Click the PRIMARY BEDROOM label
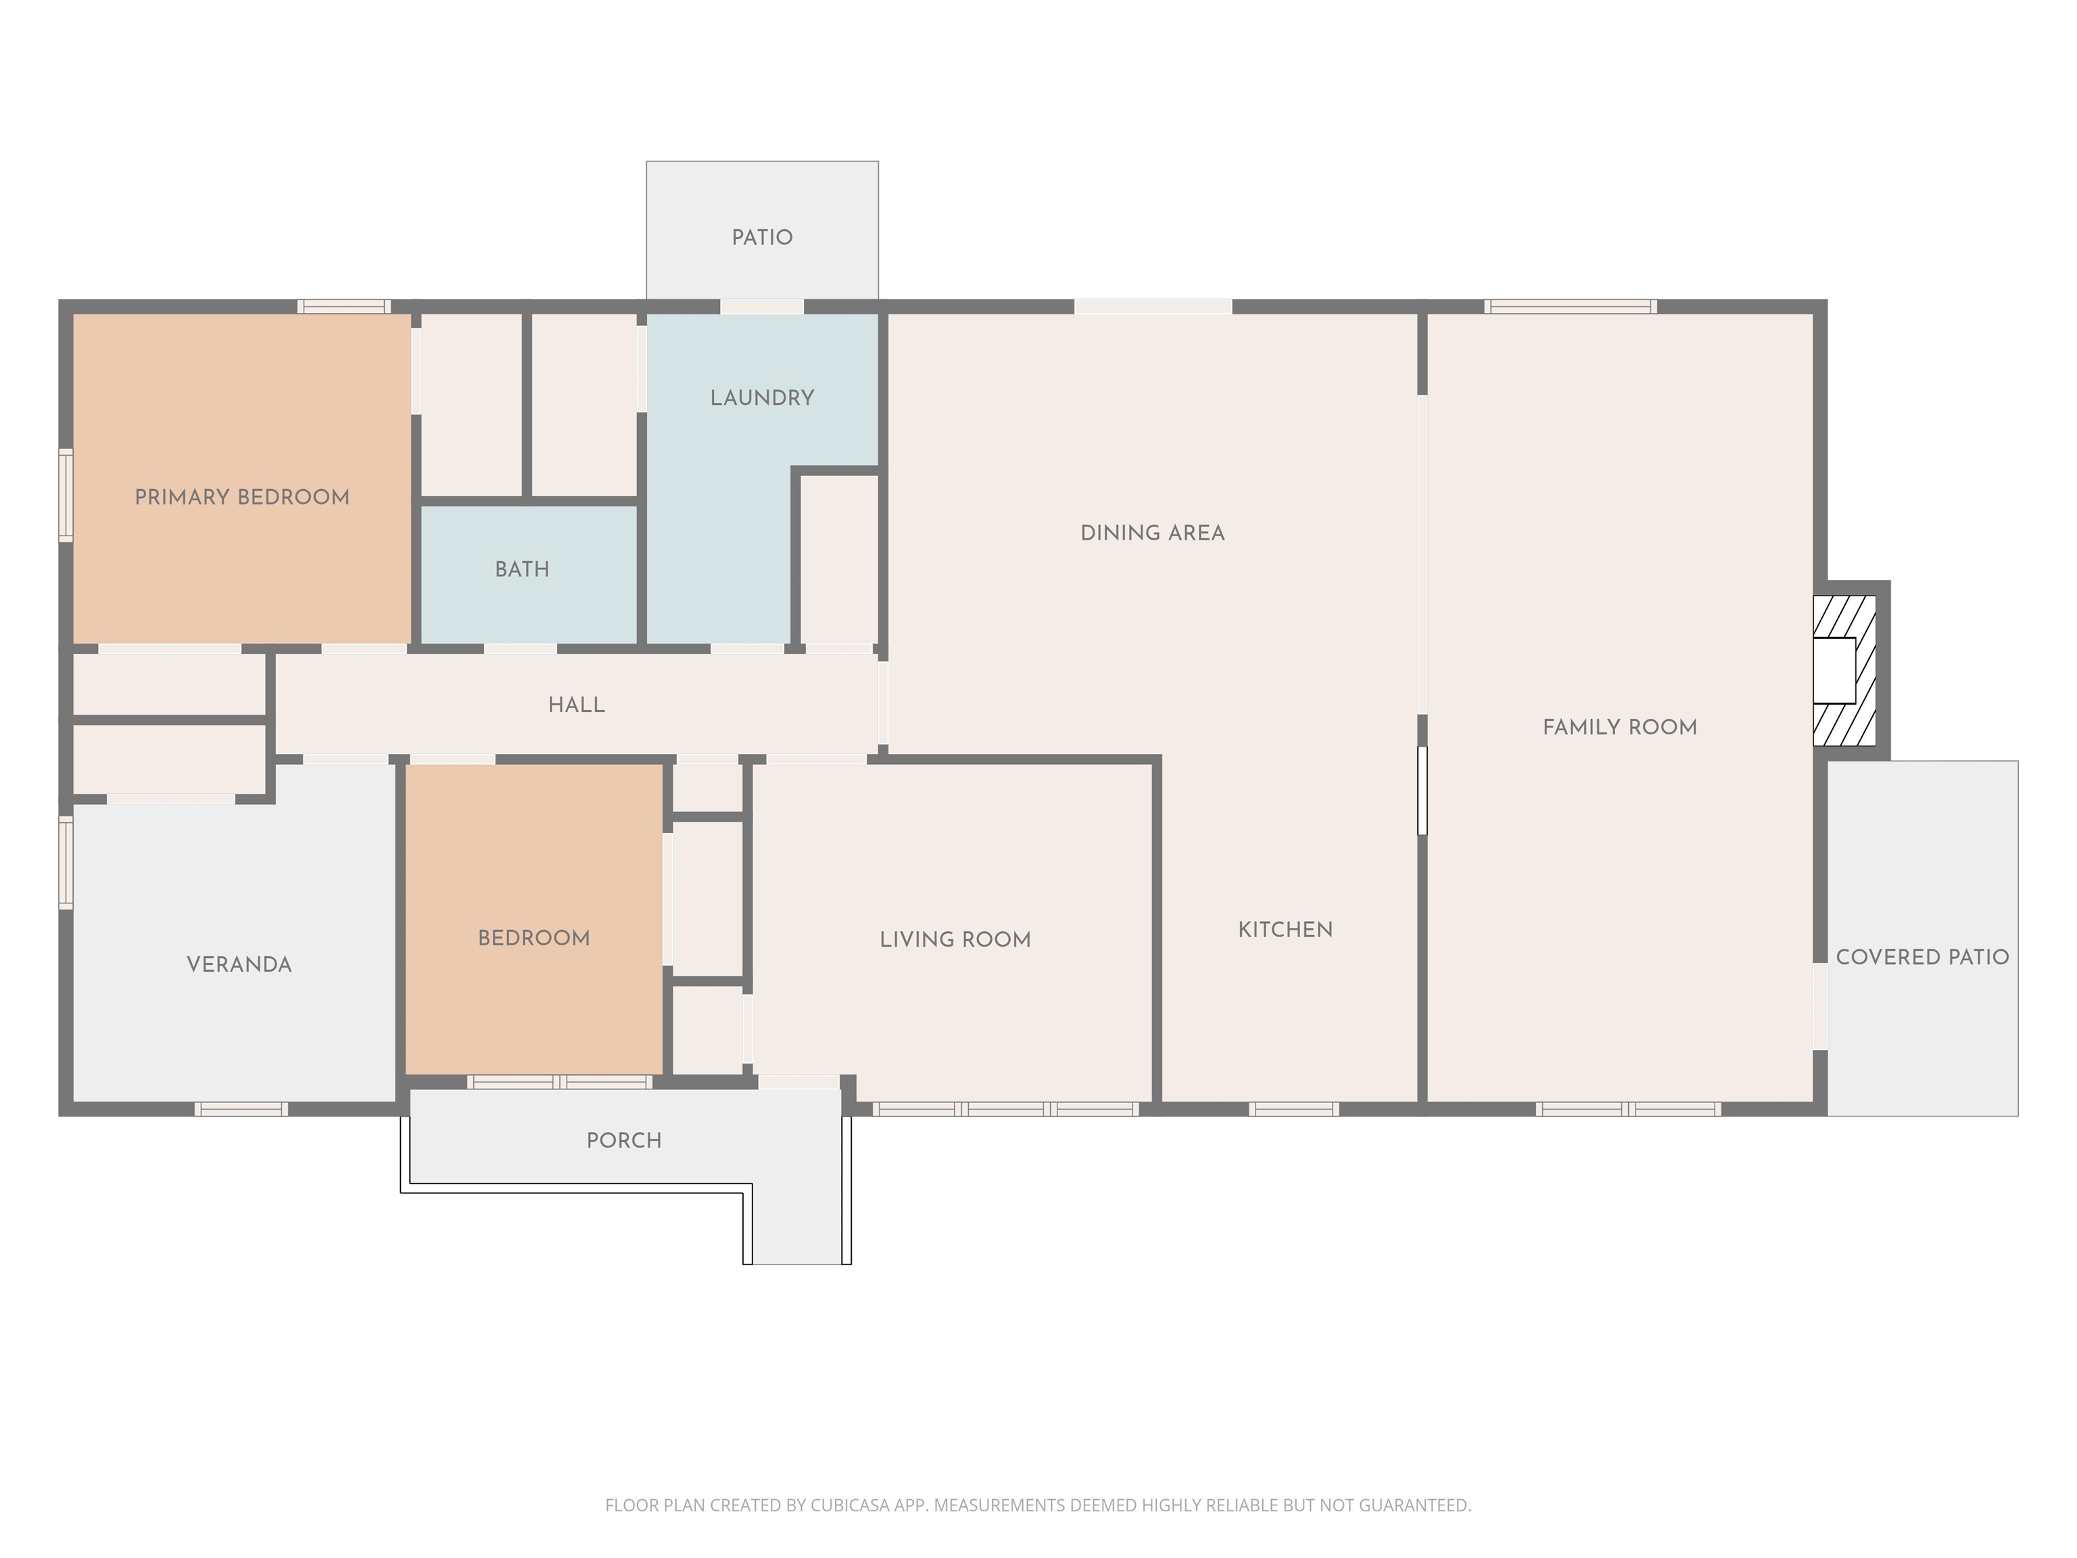click(242, 497)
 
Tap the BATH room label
click(522, 569)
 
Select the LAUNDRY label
click(761, 398)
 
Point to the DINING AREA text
click(1152, 534)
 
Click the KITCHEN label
click(1285, 930)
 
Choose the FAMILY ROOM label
click(1620, 727)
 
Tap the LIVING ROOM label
click(955, 940)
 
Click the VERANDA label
click(239, 964)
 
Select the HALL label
click(577, 705)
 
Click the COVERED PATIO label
click(1922, 957)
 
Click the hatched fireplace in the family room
click(1844, 671)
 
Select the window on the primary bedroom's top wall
click(343, 306)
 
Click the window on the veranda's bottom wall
click(241, 1109)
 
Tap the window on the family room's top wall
click(1570, 306)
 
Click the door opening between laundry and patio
click(761, 306)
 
